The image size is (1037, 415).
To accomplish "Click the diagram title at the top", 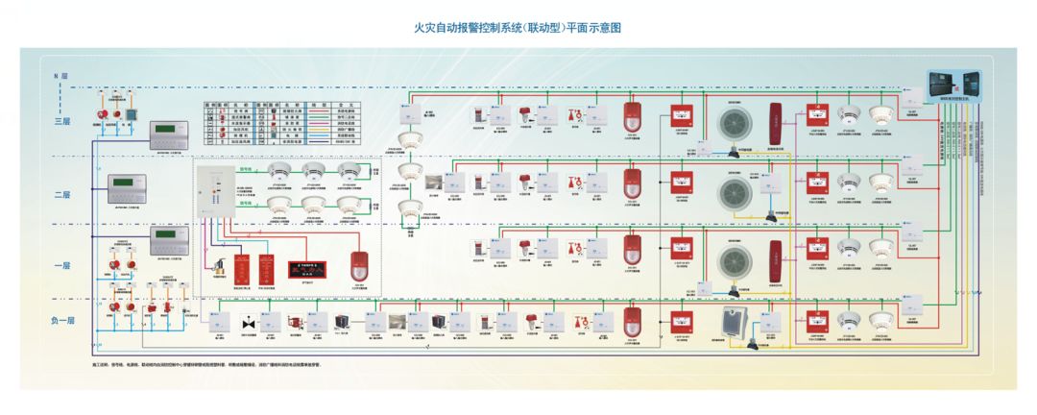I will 518,28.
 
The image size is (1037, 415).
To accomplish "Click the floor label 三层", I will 62,122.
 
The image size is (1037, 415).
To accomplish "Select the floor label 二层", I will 62,195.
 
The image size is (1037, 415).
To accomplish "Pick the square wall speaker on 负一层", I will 736,323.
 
